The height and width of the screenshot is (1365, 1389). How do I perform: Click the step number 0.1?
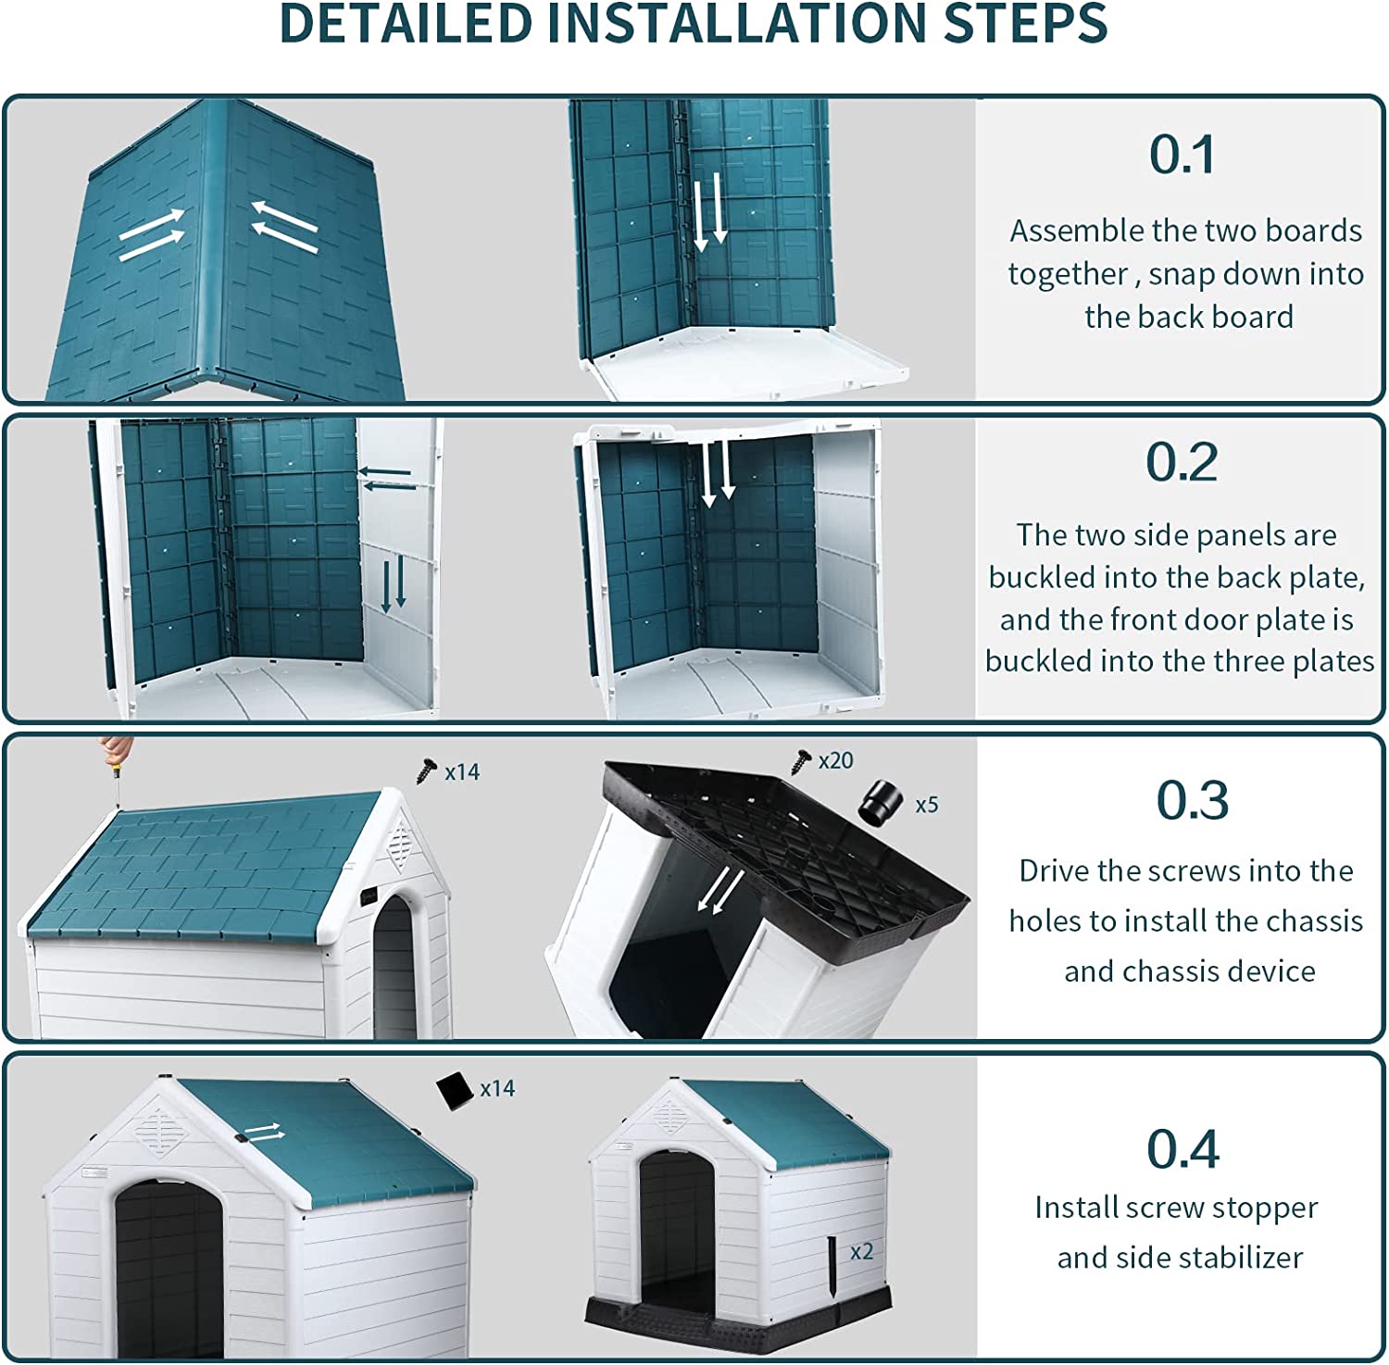(1182, 155)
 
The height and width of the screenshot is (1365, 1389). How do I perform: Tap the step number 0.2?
(1182, 461)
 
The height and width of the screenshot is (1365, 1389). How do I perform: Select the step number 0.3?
(1192, 800)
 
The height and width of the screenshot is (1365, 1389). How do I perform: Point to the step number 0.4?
(1183, 1149)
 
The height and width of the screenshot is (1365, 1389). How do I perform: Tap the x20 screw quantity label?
(835, 760)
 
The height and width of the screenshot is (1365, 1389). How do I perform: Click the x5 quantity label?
(926, 805)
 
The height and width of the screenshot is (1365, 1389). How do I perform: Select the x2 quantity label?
(861, 1251)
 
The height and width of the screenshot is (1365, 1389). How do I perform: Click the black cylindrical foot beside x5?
(879, 802)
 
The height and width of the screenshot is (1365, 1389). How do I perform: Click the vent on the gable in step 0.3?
(399, 844)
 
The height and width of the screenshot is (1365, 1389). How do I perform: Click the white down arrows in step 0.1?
(710, 215)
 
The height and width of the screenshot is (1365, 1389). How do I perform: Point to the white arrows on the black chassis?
(720, 891)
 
